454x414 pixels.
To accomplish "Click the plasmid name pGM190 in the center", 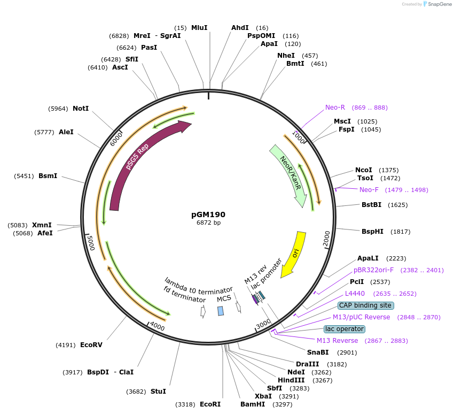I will click(x=208, y=214).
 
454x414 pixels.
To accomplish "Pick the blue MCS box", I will click(x=221, y=311).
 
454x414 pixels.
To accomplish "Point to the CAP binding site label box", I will click(x=365, y=305).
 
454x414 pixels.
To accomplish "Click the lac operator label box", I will click(x=344, y=329).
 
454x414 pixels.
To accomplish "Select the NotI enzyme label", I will click(x=81, y=108).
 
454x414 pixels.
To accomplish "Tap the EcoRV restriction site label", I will click(x=91, y=345).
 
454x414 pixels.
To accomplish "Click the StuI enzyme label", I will click(x=158, y=392).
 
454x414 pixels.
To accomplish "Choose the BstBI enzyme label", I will click(x=371, y=205).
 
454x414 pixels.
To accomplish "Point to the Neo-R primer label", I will click(x=335, y=108).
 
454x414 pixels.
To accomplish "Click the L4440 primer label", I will click(x=355, y=294).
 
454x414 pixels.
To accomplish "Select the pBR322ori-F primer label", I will click(x=373, y=270).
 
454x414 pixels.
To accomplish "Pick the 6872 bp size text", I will click(x=208, y=223).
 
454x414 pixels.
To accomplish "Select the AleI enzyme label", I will click(x=66, y=132).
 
